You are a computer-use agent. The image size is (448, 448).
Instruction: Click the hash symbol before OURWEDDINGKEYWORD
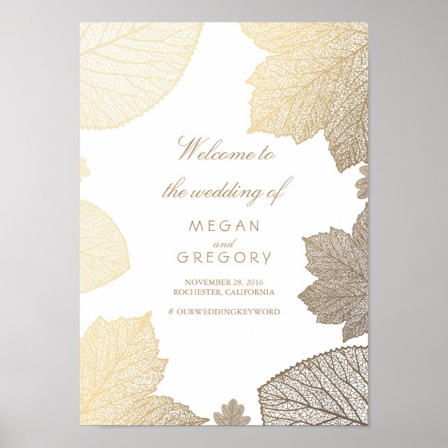click(x=171, y=312)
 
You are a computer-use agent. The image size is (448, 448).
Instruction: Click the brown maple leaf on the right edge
click(x=337, y=275)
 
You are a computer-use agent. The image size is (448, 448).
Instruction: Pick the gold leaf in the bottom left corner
click(x=122, y=376)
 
